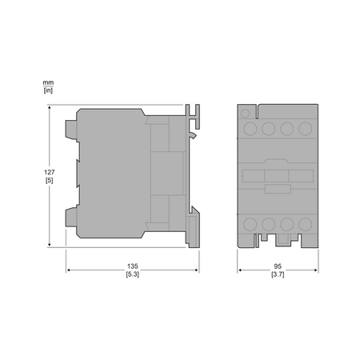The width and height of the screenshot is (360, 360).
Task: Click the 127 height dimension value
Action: click(x=50, y=172)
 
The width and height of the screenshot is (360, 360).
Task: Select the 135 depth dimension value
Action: click(x=133, y=266)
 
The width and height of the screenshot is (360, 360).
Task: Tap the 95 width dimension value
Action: click(x=278, y=266)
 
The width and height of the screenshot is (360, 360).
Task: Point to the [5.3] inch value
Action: click(x=133, y=274)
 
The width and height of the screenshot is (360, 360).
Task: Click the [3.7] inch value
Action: click(x=278, y=274)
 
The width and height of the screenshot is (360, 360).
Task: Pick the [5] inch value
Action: click(x=50, y=180)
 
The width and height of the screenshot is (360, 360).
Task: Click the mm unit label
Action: click(x=48, y=82)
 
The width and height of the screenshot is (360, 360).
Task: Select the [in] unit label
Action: click(x=48, y=90)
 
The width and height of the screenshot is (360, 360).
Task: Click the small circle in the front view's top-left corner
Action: click(x=245, y=114)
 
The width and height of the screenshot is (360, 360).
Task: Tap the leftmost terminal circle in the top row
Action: click(x=250, y=129)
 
